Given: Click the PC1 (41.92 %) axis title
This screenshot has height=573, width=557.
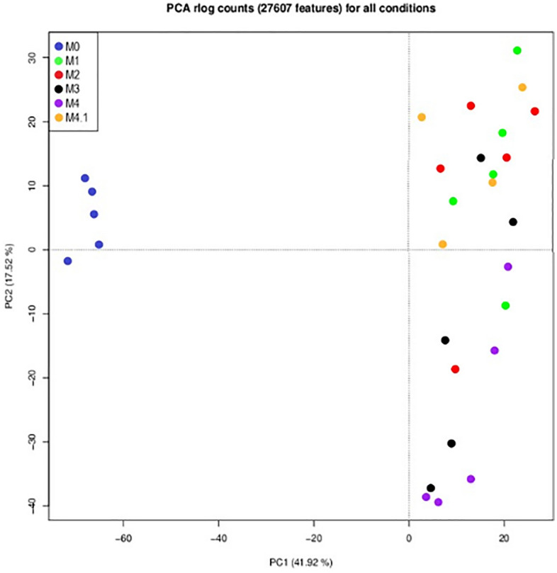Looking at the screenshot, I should tap(300, 562).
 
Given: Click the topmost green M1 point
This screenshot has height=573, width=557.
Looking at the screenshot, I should tap(517, 50).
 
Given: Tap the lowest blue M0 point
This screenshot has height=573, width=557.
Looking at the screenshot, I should tap(67, 261).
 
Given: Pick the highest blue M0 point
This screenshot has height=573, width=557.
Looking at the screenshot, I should tap(85, 178).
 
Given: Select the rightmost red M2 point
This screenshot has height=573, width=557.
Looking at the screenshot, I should tap(534, 111).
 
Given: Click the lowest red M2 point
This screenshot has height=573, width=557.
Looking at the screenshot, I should tap(455, 369).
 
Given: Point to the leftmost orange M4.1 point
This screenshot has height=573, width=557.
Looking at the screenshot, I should tap(422, 117).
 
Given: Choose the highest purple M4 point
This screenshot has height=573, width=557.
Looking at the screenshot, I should tap(507, 266).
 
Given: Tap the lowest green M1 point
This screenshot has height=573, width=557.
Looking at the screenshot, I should tap(505, 305).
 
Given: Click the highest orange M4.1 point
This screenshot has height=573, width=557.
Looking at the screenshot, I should tap(522, 87).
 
